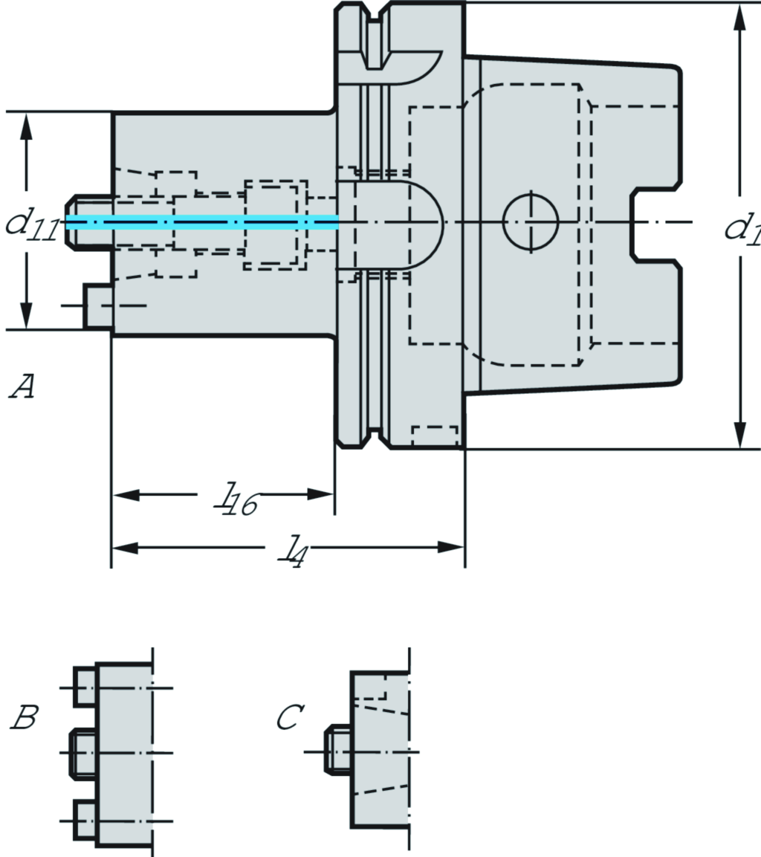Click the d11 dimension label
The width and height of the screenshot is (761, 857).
coord(32,225)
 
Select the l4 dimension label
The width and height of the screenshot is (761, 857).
coord(292,551)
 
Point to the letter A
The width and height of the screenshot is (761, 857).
coord(22,387)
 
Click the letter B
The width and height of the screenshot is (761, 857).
coord(24,718)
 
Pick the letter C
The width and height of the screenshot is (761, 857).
coord(288,718)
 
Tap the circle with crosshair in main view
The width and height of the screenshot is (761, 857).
coord(531,221)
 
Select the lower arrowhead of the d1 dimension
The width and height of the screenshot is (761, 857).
coord(740,434)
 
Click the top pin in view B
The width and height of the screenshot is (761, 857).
coord(85,687)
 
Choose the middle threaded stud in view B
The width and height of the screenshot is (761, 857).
coord(82,753)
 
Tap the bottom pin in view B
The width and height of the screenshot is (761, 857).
coord(85,821)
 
